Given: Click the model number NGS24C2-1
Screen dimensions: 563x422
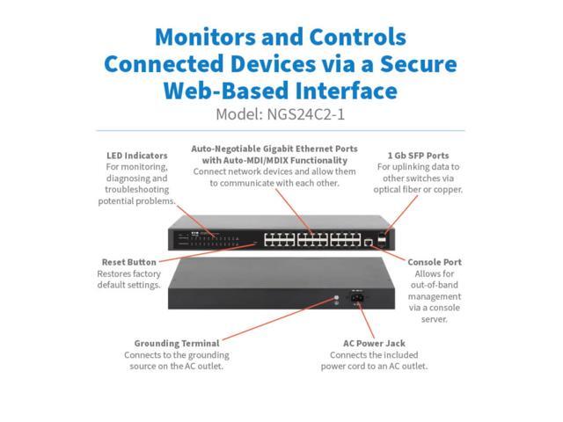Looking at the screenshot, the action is pos(305,115).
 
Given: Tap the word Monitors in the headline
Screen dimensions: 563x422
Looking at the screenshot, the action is pos(205,37).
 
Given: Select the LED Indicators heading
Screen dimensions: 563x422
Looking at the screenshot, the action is pos(137,156).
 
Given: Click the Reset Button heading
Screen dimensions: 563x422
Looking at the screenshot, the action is pos(129,262).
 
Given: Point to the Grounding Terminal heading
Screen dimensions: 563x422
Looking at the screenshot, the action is pos(177,344).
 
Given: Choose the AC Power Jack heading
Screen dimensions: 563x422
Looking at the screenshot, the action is pos(374,344).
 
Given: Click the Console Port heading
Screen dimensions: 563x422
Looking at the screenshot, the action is pos(435,262).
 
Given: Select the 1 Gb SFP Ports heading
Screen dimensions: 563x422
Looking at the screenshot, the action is pos(419,156).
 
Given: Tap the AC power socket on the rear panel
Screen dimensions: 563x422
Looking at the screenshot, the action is pos(357,297).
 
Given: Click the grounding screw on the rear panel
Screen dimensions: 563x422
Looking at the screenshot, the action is pos(336,297).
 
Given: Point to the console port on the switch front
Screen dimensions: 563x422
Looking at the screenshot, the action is pos(368,243).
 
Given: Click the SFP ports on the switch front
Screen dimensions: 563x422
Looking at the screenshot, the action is pos(382,240).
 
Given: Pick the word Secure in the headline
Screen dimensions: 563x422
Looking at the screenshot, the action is pos(419,64).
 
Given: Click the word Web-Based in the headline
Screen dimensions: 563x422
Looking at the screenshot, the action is pos(226,91).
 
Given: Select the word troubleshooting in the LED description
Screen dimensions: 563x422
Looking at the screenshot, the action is pos(137,190).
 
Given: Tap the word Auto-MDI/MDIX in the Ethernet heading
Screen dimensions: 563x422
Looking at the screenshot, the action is pos(257,160).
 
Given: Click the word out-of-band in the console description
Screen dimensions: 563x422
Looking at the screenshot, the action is pos(435,285).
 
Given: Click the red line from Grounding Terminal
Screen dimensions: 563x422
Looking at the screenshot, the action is pos(279,318).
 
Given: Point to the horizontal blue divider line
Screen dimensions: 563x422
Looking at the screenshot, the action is pos(281,131).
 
